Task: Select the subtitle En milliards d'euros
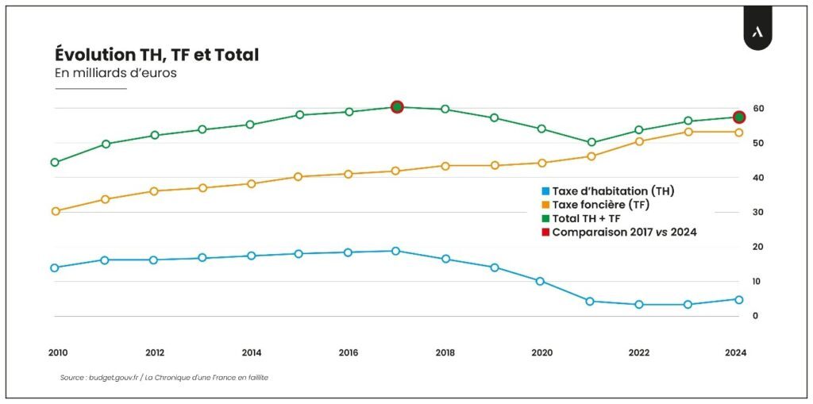point(115,74)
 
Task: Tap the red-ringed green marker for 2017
point(398,107)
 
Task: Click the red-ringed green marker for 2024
point(738,117)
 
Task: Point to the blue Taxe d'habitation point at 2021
point(590,302)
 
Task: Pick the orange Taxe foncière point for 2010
point(55,211)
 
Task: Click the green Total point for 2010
point(55,163)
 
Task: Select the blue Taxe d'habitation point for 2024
point(738,299)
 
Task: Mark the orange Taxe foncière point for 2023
point(688,132)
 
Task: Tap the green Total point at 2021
point(591,143)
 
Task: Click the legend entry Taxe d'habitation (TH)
point(611,191)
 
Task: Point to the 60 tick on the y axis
point(759,108)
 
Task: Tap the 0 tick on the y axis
point(756,316)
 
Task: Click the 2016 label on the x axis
point(349,352)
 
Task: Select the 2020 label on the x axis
point(542,352)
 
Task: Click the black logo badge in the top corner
point(757,33)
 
